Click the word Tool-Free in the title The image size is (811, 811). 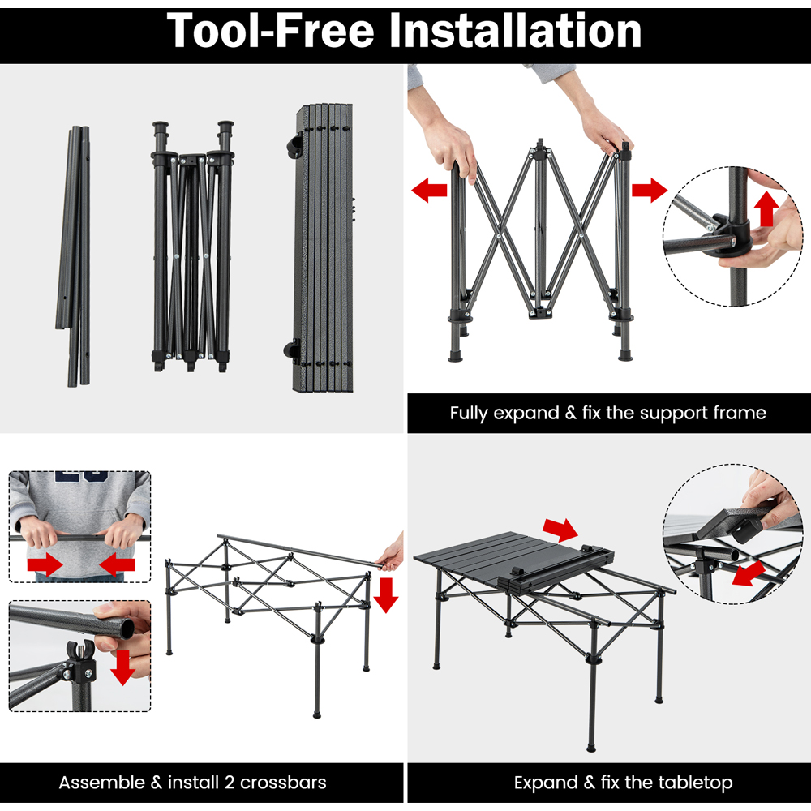(x=270, y=31)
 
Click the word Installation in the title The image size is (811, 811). (x=515, y=31)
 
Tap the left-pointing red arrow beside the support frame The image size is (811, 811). (x=429, y=190)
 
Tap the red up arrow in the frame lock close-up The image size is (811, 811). (x=766, y=208)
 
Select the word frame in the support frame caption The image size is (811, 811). (x=740, y=413)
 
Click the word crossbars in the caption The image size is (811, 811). (x=283, y=782)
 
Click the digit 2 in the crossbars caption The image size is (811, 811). (x=230, y=783)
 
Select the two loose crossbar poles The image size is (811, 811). (x=74, y=256)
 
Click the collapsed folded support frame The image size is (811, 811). (x=192, y=247)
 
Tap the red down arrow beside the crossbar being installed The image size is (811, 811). (x=385, y=595)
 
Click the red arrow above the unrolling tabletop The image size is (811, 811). (x=560, y=530)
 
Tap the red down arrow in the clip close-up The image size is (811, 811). (x=123, y=667)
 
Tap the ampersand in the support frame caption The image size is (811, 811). (x=570, y=413)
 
